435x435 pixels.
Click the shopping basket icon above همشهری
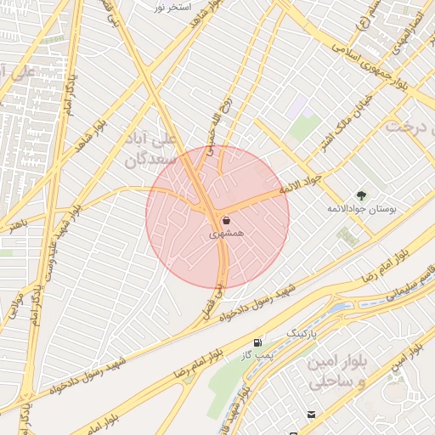pos(225,220)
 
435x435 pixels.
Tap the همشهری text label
pos(227,232)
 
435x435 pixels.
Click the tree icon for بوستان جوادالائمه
pos(361,195)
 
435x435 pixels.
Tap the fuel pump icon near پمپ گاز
pos(257,342)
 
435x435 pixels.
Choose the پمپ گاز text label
pos(257,354)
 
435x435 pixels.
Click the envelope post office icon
pos(311,414)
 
